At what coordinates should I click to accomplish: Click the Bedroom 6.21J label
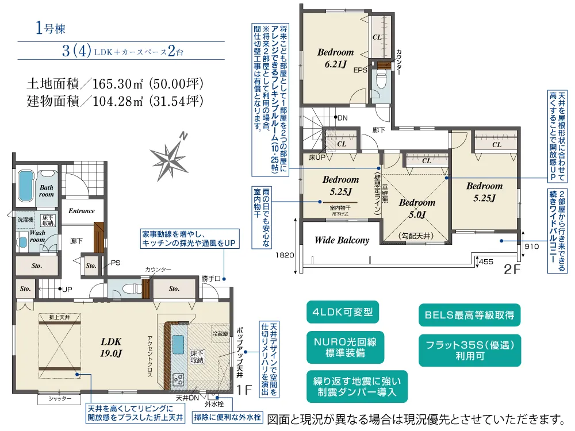[336, 58]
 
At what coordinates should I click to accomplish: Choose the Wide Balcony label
[342, 240]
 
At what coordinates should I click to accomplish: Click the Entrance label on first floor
[82, 211]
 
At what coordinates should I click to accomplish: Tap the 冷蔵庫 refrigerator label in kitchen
[220, 333]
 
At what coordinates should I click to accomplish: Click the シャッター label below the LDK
[60, 398]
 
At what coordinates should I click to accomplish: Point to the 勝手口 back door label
[211, 279]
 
